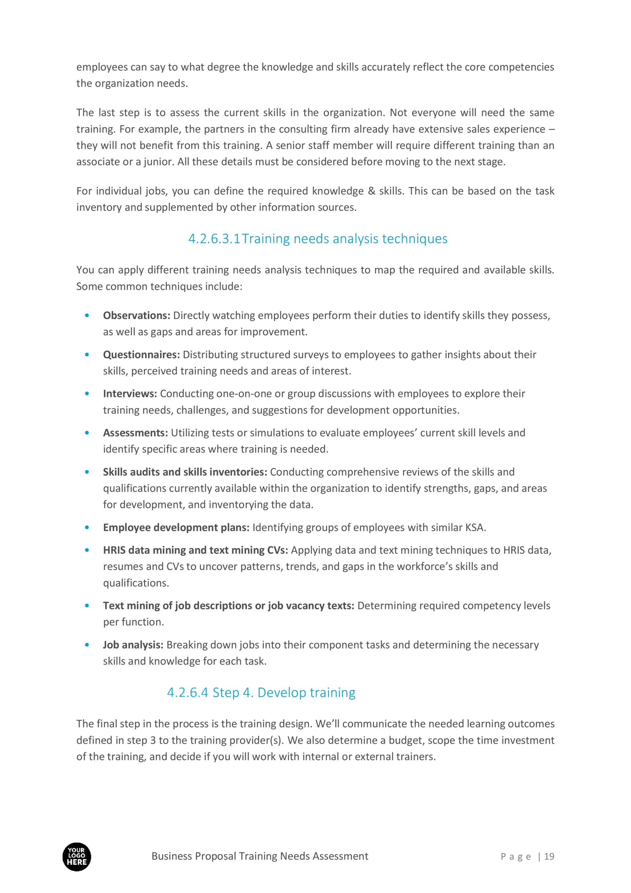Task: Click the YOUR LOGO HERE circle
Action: [x=77, y=857]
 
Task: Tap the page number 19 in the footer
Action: [x=549, y=856]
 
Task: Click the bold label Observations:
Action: [x=136, y=315]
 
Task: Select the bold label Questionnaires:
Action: [x=141, y=355]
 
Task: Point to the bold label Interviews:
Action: [x=130, y=393]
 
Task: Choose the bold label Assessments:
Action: [x=135, y=433]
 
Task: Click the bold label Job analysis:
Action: [x=133, y=645]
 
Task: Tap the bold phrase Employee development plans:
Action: [x=176, y=527]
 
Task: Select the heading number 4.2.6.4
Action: [x=188, y=693]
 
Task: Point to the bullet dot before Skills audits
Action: [x=87, y=472]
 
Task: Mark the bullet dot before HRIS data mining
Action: [x=87, y=550]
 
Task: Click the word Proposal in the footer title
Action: [x=217, y=856]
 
